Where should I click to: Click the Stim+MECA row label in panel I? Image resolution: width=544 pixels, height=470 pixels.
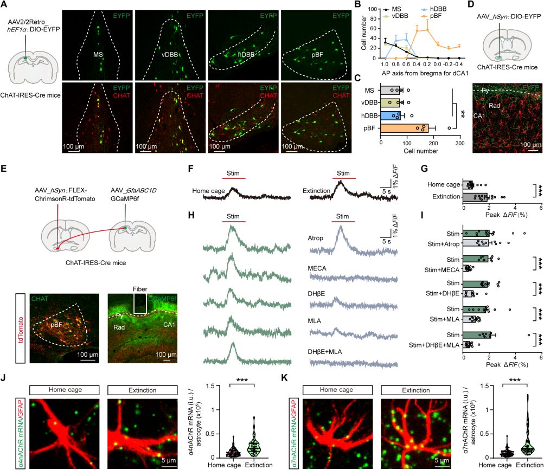(439, 267)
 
